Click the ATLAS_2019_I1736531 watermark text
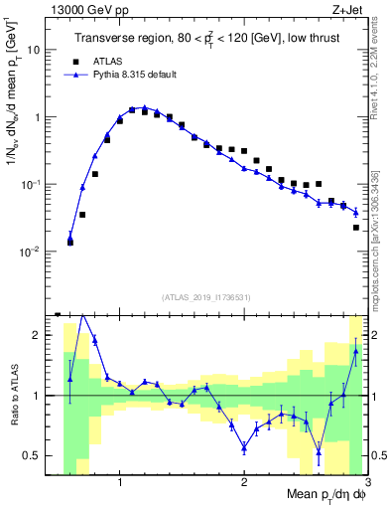click(206, 297)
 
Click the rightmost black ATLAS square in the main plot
click(356, 228)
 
